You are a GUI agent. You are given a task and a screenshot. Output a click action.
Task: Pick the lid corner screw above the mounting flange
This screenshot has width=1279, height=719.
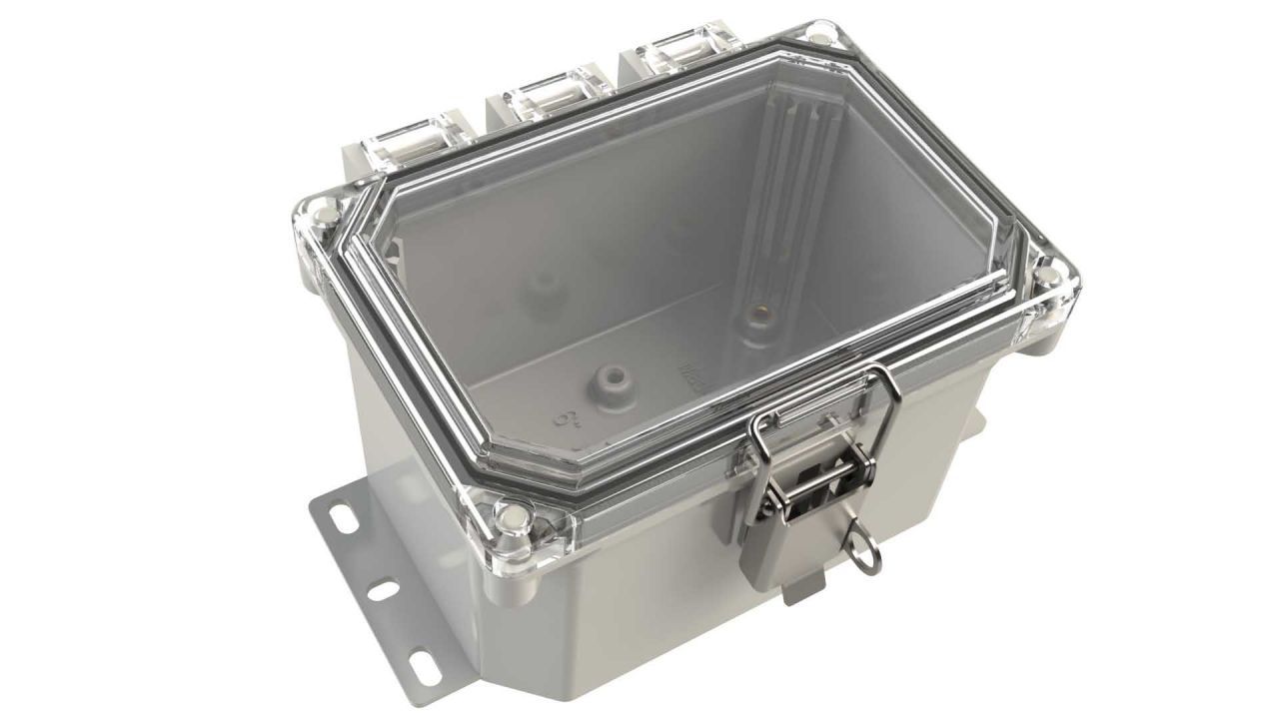click(x=512, y=516)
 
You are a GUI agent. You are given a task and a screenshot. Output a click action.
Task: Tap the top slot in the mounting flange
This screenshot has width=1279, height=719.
click(x=343, y=519)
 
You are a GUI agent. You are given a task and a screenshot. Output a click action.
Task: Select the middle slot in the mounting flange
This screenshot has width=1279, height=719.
click(x=382, y=591)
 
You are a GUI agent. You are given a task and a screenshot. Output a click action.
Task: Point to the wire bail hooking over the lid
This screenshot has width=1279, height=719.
click(x=819, y=399)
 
